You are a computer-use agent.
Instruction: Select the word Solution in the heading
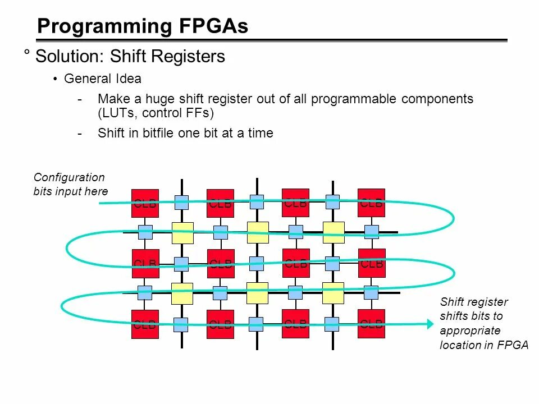[x=70, y=56]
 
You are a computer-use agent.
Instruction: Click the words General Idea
[x=103, y=79]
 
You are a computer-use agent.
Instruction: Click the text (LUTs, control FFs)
[x=156, y=113]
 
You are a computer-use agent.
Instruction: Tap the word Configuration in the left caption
[x=69, y=177]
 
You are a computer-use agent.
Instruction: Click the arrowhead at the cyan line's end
[x=430, y=323]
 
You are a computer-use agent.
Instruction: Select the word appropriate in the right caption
[x=470, y=330]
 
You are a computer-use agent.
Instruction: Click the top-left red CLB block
[x=145, y=203]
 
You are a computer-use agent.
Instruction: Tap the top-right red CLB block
[x=372, y=203]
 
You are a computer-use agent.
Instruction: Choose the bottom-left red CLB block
[x=145, y=324]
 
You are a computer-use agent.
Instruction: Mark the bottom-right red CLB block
[x=372, y=323]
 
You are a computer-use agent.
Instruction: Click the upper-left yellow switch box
[x=182, y=233]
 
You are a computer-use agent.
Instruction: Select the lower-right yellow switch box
[x=333, y=293]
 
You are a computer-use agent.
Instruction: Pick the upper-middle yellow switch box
[x=258, y=232]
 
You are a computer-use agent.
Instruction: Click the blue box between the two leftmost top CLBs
[x=181, y=202]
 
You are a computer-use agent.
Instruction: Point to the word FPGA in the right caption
[x=513, y=345]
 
